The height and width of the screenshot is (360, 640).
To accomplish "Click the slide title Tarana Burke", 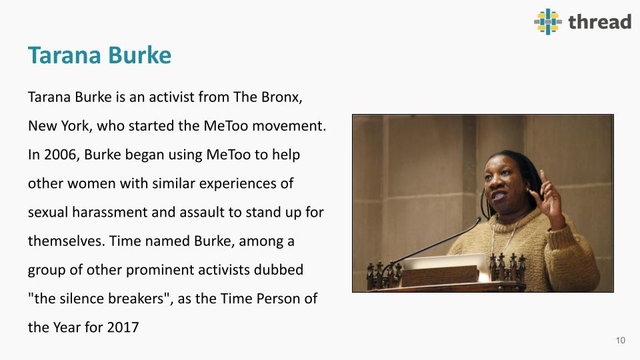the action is click(99, 55).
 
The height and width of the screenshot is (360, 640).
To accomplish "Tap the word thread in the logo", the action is click(599, 21).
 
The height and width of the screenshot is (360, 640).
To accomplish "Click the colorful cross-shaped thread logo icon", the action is click(548, 21).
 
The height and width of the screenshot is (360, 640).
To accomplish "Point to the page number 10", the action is click(621, 341).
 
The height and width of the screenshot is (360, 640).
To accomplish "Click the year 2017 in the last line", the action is click(123, 327).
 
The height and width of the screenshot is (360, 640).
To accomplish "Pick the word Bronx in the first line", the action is click(281, 97).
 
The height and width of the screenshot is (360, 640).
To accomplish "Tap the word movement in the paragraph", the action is click(289, 126).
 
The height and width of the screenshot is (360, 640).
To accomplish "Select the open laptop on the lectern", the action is click(445, 267).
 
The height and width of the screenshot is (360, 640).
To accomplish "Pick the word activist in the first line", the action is click(171, 97).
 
